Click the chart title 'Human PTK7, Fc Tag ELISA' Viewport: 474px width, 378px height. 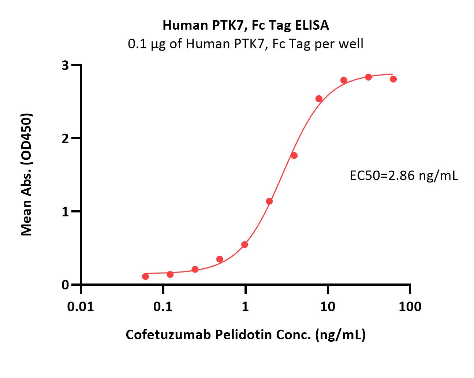tap(246, 25)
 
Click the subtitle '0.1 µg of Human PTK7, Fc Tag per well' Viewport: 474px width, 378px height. tap(246, 44)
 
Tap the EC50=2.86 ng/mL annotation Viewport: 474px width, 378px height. tap(404, 176)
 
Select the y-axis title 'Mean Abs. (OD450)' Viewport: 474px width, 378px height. tap(27, 174)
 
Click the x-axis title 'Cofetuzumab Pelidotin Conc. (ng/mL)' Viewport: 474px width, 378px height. tap(246, 334)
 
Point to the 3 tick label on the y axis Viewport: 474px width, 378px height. tap(66, 65)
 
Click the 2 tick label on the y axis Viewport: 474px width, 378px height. tap(66, 138)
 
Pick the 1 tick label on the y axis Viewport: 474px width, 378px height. tap(66, 212)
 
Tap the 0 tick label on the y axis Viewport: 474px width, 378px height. tap(66, 285)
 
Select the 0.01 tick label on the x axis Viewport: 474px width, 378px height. tap(81, 306)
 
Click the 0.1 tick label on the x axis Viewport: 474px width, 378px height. tap(163, 306)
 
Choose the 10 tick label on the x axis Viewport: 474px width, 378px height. tap(328, 306)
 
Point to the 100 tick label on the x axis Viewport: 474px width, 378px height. tap(410, 306)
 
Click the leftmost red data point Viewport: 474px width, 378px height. tap(145, 276)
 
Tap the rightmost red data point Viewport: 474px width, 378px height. tap(393, 79)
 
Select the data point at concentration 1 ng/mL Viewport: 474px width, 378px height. tap(245, 244)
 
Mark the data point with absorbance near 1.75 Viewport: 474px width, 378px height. tap(294, 156)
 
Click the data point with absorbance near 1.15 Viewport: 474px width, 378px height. tap(269, 201)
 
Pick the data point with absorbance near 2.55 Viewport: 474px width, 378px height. tap(319, 99)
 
